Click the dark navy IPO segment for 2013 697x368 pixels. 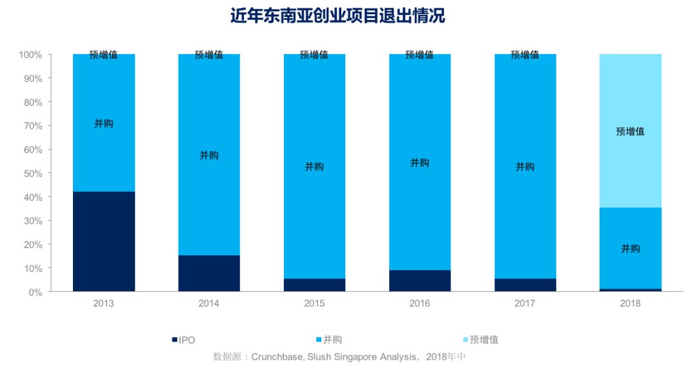click(103, 242)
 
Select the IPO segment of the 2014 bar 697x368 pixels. click(209, 273)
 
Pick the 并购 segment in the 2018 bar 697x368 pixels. click(631, 249)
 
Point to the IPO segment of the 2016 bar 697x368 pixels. click(419, 280)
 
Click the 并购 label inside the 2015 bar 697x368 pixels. click(314, 167)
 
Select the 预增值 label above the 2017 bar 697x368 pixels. click(525, 55)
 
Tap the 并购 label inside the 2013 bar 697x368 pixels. click(103, 123)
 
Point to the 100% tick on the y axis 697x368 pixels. click(31, 55)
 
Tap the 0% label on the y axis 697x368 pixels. click(36, 292)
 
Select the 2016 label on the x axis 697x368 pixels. click(419, 303)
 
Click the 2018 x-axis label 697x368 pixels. click(631, 303)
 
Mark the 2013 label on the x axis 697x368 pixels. click(103, 303)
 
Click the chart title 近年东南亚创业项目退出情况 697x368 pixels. click(338, 16)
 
